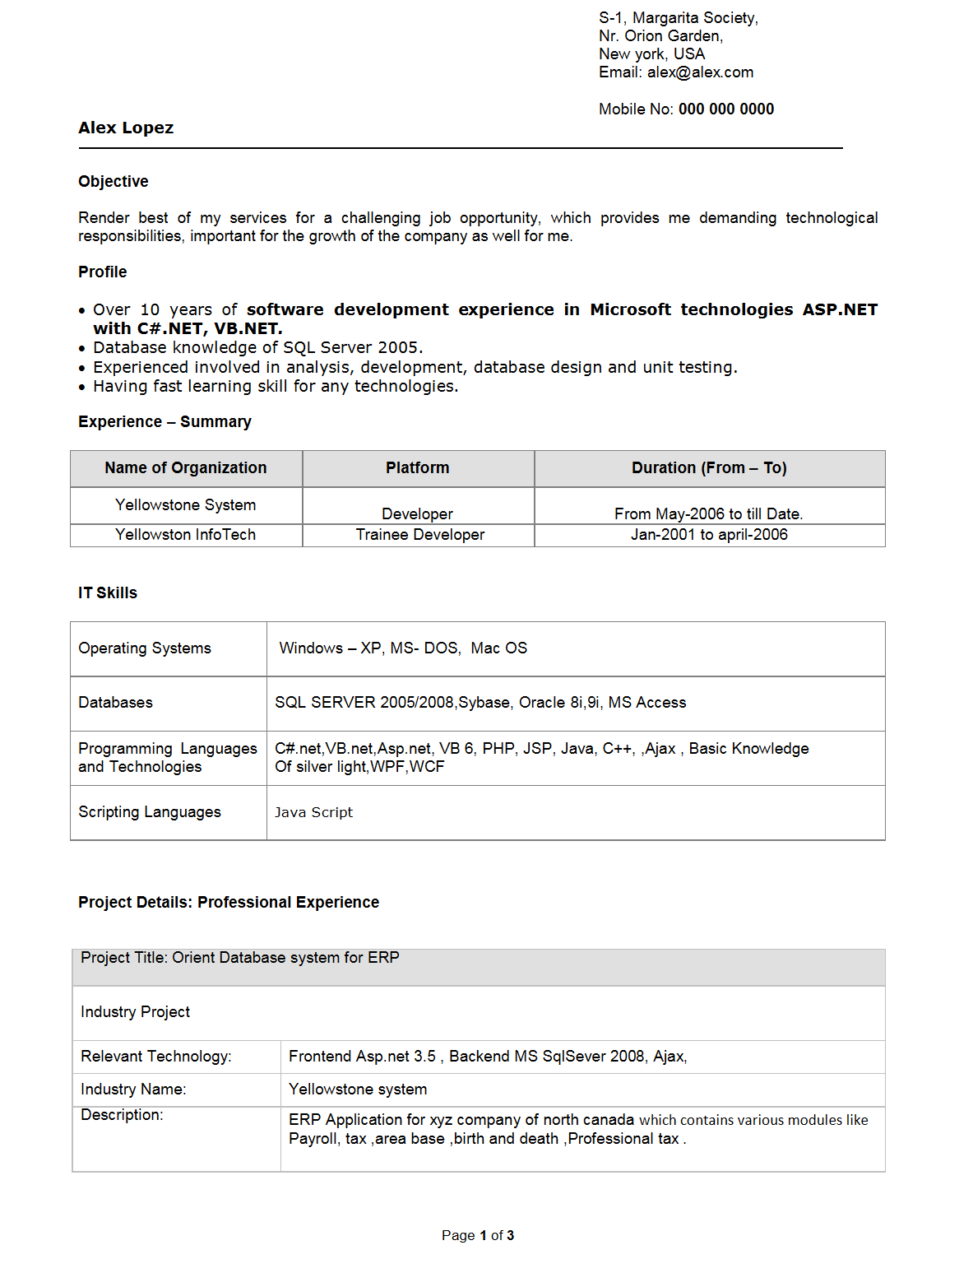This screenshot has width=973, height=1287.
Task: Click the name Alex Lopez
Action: click(x=126, y=128)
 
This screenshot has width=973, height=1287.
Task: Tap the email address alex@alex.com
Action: click(x=700, y=72)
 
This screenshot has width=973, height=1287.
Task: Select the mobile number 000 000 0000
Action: click(x=725, y=109)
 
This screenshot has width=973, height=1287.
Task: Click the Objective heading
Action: click(x=114, y=182)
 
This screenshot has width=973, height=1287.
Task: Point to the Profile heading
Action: click(x=103, y=272)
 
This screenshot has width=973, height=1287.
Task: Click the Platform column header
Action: click(x=418, y=468)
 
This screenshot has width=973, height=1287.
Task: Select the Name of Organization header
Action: click(x=186, y=468)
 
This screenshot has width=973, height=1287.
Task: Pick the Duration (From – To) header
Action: click(x=709, y=468)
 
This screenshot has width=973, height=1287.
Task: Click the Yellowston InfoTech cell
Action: click(x=186, y=535)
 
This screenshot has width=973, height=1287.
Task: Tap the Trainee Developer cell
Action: click(x=420, y=535)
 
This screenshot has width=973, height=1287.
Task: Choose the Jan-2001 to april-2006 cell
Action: click(x=709, y=535)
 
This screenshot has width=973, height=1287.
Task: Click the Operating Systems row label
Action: click(x=145, y=648)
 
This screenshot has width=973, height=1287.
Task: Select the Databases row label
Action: click(x=116, y=703)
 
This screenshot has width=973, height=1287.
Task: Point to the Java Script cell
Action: click(x=313, y=813)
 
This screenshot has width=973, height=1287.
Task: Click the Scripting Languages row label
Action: click(x=150, y=812)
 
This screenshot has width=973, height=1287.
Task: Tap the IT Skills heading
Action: click(x=108, y=593)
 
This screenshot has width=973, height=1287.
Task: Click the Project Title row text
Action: click(x=240, y=958)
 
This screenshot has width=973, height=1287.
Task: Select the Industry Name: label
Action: click(x=133, y=1090)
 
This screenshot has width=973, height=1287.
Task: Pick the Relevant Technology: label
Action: click(x=156, y=1057)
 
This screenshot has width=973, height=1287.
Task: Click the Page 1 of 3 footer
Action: click(x=478, y=1236)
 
